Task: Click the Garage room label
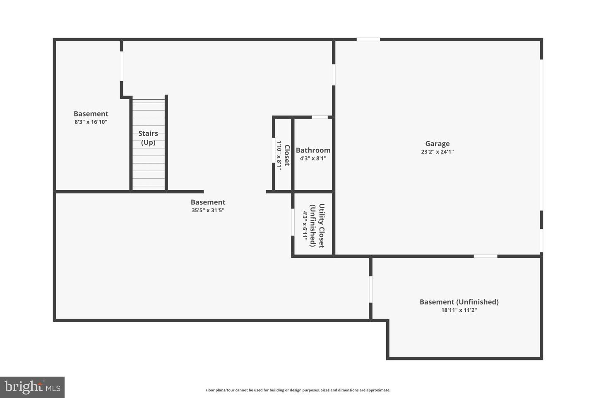coord(437,143)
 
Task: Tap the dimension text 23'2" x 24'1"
coord(437,152)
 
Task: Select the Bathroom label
coord(313,150)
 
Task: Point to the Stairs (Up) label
coord(148,138)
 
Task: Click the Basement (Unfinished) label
coord(459,302)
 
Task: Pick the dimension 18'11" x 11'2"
coord(459,310)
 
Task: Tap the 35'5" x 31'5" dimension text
coord(208,210)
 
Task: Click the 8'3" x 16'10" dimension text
coord(91,122)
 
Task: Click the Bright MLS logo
coord(32,387)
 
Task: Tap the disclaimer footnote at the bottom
coord(298,390)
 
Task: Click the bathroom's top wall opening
coord(320,117)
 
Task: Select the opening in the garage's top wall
coord(368,39)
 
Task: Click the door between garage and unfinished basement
coord(485,256)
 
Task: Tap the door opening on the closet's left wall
coord(274,150)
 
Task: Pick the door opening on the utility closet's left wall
coord(293,222)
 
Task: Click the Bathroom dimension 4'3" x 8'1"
coord(313,158)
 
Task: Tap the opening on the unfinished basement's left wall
coord(371,289)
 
